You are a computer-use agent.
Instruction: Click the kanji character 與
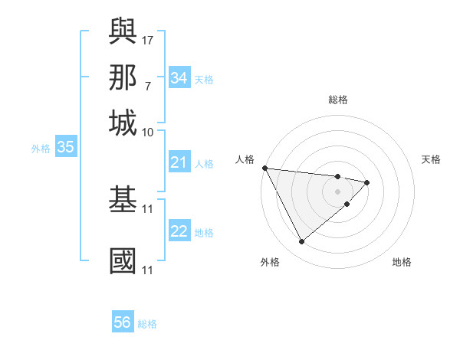123,31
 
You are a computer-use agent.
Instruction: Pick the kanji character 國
123,260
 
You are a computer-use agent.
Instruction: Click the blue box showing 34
179,78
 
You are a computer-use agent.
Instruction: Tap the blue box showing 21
179,162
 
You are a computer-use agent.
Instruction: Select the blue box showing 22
179,232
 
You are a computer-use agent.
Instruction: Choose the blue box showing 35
65,148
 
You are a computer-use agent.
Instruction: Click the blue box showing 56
123,322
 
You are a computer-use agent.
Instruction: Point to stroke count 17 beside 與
148,38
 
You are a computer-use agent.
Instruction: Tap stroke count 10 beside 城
148,132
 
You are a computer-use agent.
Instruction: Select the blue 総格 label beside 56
147,324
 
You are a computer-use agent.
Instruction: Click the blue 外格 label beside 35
41,149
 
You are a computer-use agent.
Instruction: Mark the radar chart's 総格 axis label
337,100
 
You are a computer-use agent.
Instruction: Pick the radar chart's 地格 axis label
402,263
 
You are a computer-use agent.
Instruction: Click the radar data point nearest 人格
264,168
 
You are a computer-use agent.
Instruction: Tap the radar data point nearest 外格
301,242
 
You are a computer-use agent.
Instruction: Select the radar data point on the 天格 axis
367,182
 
